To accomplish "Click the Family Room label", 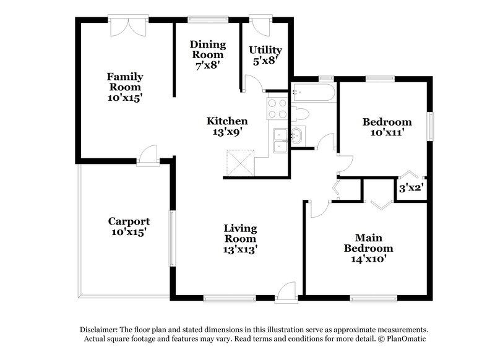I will pos(125,87).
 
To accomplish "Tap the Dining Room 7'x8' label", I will pos(207,54).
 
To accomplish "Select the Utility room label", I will pos(265,54).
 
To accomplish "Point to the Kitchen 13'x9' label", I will pos(227,126).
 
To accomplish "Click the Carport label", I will pos(129,226).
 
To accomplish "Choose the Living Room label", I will pos(240,239).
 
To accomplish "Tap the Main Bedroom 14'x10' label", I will pos(369,248).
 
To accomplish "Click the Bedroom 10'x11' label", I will pos(387,127).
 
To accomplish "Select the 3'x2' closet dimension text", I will pos(410,188).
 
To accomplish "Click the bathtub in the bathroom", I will pos(313,93).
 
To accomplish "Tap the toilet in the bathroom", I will pos(300,114).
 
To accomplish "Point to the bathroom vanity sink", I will pos(297,135).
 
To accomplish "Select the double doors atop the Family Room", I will pos(128,25).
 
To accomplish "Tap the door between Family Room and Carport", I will pos(148,155).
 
